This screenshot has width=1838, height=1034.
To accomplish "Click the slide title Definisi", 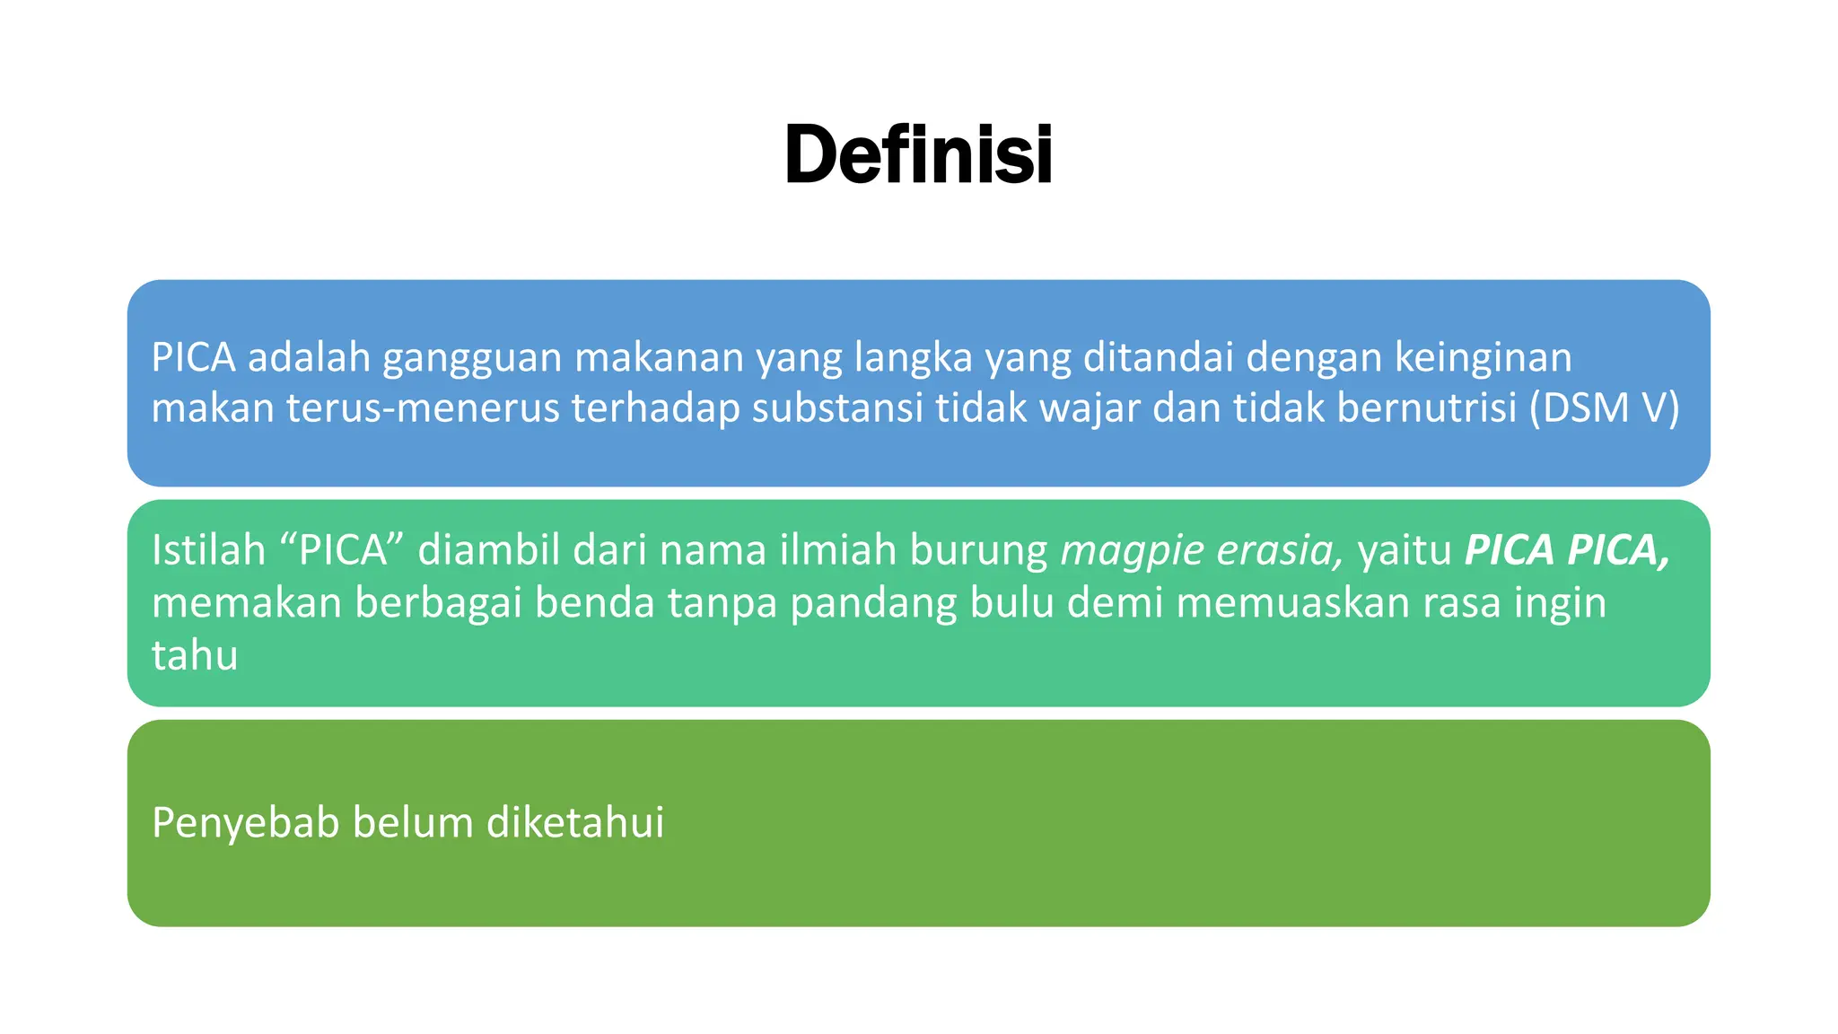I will [x=918, y=154].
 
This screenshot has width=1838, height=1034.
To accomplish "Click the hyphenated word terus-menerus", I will [x=423, y=408].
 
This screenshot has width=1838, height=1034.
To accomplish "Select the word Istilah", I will [x=208, y=549].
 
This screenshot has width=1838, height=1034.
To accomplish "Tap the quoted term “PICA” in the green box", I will [x=343, y=549].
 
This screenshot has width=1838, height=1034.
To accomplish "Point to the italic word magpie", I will [x=1131, y=551].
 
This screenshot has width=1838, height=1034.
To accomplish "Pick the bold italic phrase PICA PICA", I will [x=1566, y=549].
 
